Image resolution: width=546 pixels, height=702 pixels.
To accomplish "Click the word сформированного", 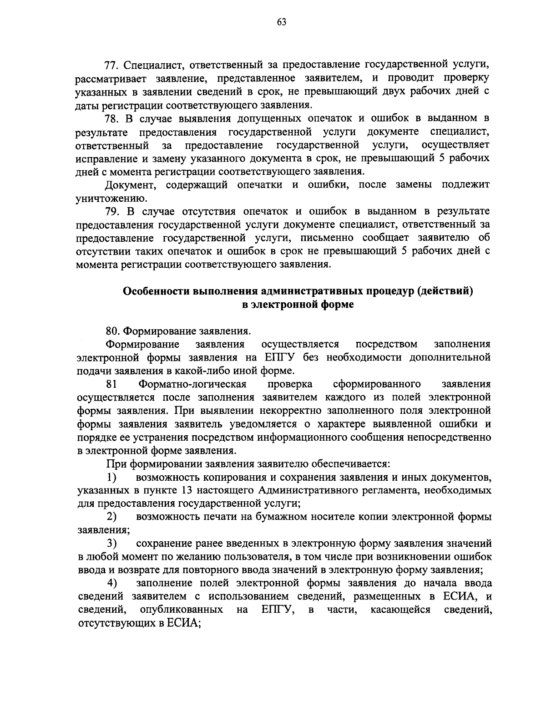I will click(377, 384).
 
